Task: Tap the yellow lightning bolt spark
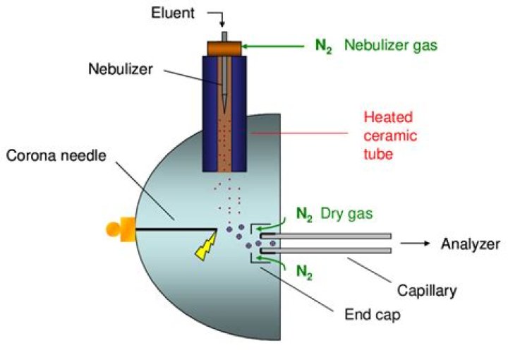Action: [x=206, y=248]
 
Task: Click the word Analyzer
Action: [x=470, y=244]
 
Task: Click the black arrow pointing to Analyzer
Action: [x=416, y=244]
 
